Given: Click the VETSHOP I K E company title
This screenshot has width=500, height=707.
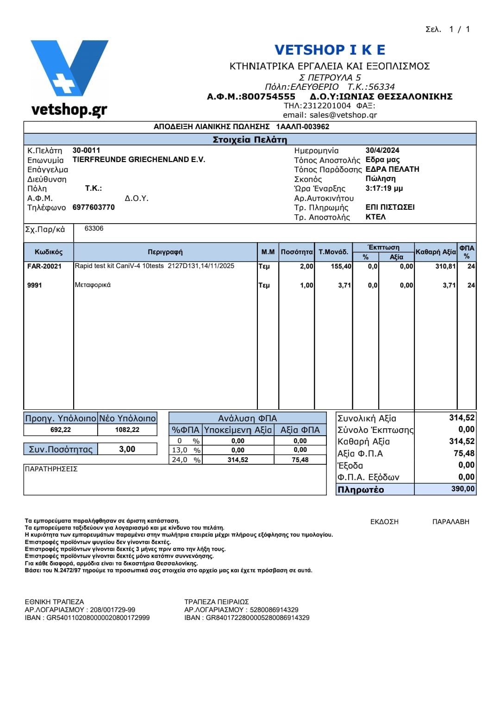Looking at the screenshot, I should (x=330, y=50).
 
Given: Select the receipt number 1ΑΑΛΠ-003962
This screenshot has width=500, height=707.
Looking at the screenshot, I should (x=303, y=127).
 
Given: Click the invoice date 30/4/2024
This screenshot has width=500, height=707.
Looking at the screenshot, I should (x=382, y=150).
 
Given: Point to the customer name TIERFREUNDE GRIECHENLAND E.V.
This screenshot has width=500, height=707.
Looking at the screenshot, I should (x=139, y=160).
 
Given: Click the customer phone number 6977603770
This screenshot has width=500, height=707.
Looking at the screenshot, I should (x=94, y=207).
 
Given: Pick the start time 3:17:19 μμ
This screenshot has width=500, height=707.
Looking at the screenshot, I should (x=384, y=188).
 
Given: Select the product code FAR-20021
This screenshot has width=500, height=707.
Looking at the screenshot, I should (x=44, y=266).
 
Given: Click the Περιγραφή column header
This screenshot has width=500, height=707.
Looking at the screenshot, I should (x=165, y=252).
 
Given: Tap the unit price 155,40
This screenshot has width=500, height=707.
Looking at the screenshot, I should (x=342, y=266).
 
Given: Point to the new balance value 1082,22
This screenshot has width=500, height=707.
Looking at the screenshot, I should (x=127, y=430).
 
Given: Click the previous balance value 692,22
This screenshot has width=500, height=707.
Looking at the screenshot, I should (x=61, y=430).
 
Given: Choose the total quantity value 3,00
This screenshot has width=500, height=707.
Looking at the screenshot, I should (x=127, y=449).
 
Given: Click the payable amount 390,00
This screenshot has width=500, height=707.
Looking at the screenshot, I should (x=462, y=489).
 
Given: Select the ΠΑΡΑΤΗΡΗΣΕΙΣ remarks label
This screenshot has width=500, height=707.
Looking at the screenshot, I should (x=51, y=469).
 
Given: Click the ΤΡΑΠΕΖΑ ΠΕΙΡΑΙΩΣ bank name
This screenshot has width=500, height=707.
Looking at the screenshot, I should (x=217, y=602).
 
